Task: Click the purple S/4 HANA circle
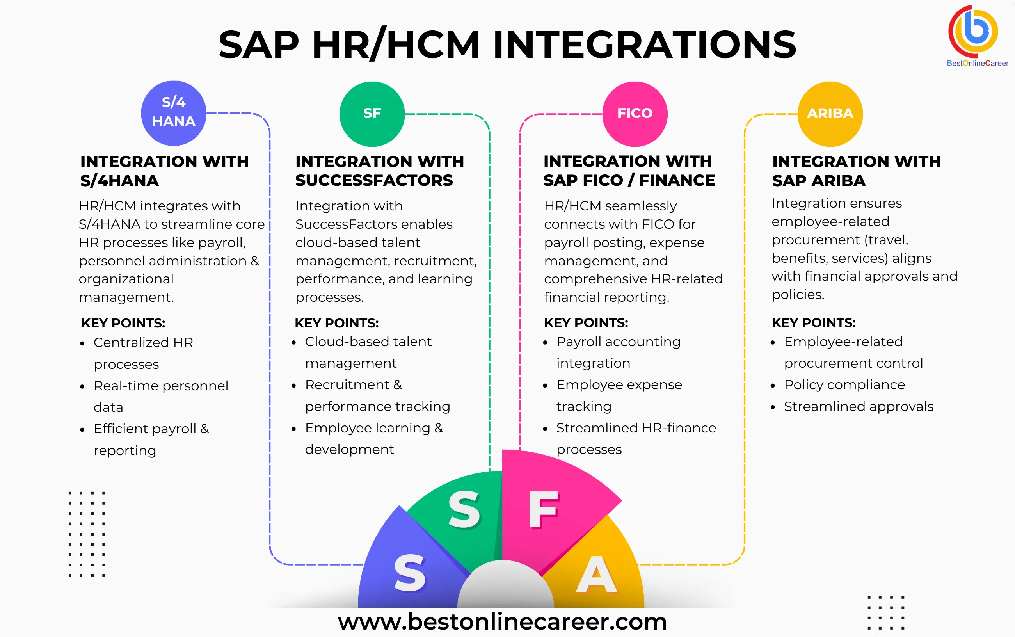tap(174, 113)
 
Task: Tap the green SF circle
tap(372, 114)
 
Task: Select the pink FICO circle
tap(635, 114)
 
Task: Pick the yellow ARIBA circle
tap(830, 114)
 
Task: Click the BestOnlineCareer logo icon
tap(973, 31)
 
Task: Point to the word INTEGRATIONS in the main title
tap(644, 44)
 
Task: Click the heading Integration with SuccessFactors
tap(379, 171)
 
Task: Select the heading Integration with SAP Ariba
tap(856, 171)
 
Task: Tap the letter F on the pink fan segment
tap(543, 510)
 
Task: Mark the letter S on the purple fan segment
tap(409, 573)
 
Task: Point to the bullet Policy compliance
tap(844, 384)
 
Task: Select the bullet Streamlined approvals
tap(859, 407)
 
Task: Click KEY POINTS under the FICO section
tap(586, 323)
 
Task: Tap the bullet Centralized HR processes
tap(143, 353)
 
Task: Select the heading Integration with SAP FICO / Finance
tap(629, 171)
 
